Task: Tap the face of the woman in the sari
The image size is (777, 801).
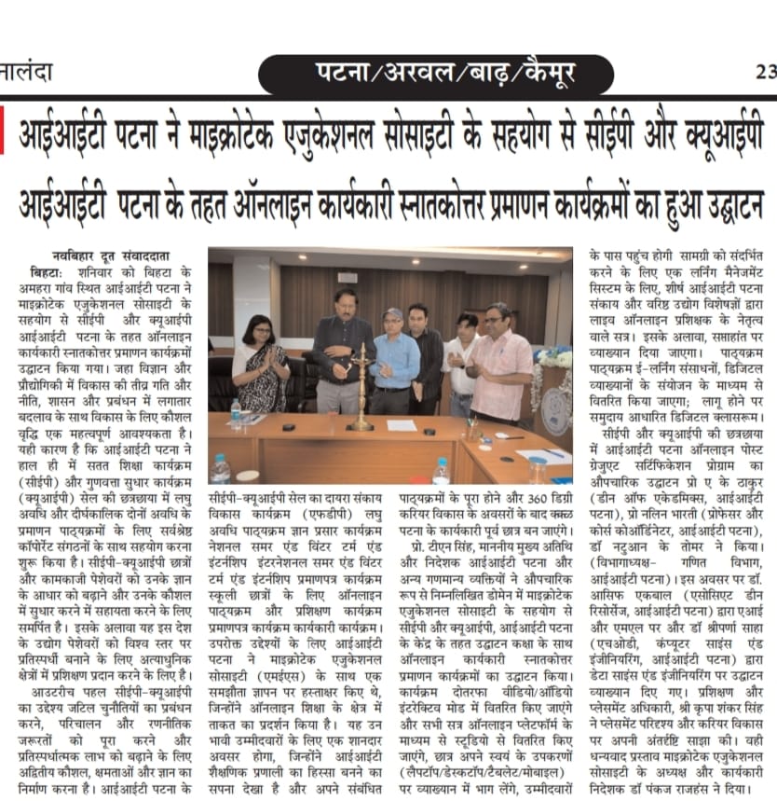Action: (258, 332)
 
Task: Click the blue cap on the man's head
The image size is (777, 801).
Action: (393, 313)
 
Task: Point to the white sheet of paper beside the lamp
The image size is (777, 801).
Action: (402, 425)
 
